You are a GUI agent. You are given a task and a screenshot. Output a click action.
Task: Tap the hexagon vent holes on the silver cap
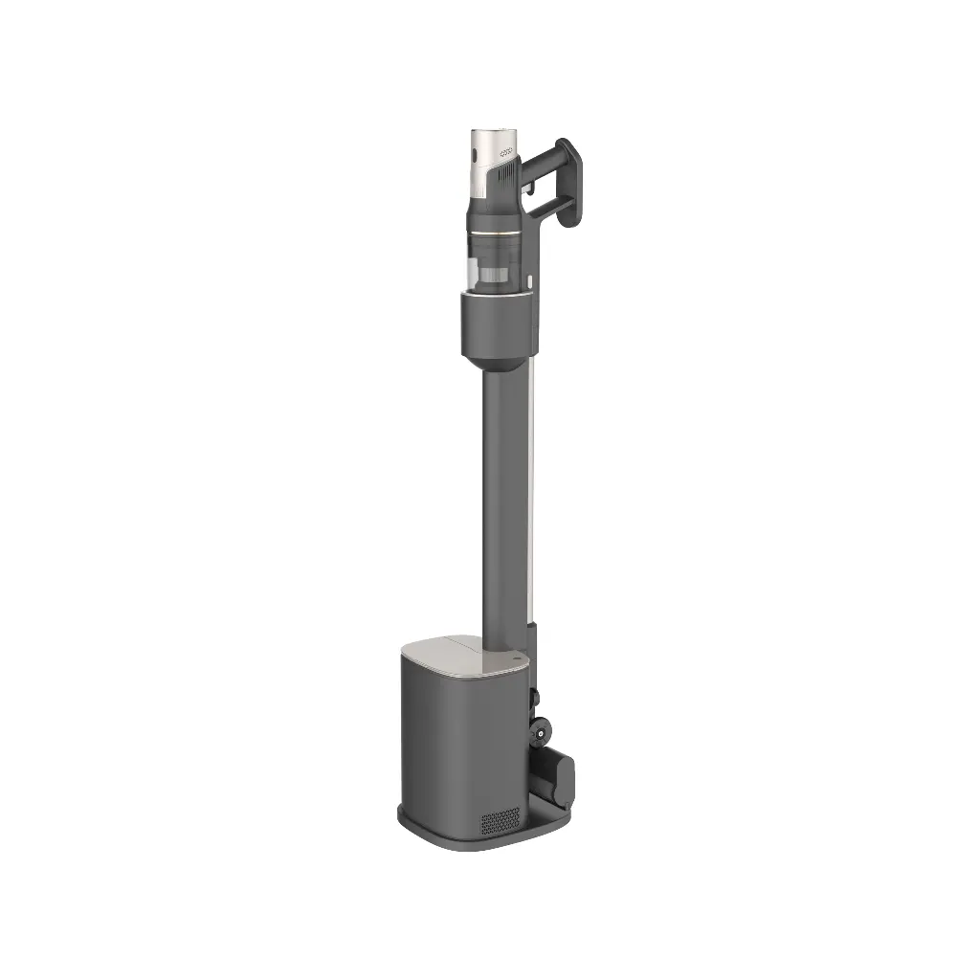pos(507,151)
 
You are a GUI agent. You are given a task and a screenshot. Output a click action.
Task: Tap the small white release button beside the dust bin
pos(530,281)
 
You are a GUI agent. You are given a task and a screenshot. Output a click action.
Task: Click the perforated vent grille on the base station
pos(500,820)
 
